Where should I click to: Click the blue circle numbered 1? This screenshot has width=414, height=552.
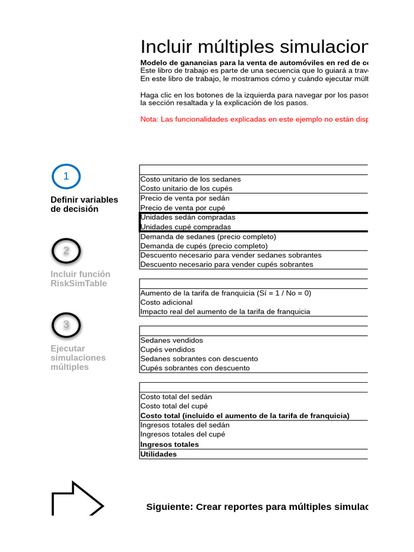tap(66, 176)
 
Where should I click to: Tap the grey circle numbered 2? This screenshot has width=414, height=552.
tap(66, 251)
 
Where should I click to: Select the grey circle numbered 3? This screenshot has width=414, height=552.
tap(66, 325)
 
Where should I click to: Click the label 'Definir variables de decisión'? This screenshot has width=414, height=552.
tap(84, 204)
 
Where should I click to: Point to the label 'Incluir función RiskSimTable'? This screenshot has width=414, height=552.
tap(80, 279)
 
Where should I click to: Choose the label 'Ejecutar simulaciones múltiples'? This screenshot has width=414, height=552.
tap(78, 357)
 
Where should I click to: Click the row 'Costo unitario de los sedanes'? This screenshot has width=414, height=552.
tap(190, 179)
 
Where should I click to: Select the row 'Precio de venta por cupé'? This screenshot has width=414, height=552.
tap(183, 208)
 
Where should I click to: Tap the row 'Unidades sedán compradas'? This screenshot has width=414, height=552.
tap(188, 217)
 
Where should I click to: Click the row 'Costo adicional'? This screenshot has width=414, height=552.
tap(166, 302)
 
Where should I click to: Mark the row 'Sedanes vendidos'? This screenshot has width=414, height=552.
tap(171, 340)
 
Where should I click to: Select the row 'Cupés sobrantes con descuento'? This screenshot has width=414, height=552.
tap(195, 368)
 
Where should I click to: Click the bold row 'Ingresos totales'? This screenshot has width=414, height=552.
tap(169, 444)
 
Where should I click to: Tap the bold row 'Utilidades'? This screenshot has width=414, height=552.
tap(158, 454)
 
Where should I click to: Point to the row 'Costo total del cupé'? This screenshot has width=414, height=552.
tap(174, 406)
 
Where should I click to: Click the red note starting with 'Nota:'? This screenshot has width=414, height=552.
tap(253, 119)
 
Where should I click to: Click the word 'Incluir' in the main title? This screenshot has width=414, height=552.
tap(165, 47)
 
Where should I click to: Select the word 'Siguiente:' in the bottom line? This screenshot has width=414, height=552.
tap(169, 507)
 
